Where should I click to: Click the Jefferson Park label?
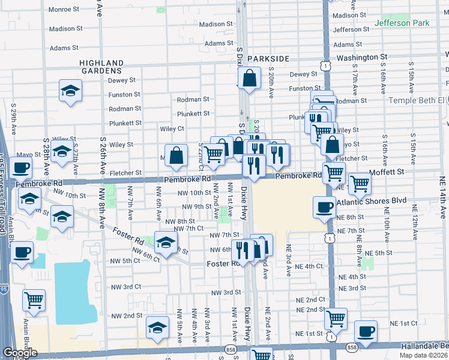pyautogui.click(x=402, y=23)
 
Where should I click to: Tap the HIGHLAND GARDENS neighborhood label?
pyautogui.click(x=101, y=67)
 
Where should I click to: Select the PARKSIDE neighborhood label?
pyautogui.click(x=268, y=58)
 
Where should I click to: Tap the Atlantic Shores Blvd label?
pyautogui.click(x=372, y=200)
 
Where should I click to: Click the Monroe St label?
pyautogui.click(x=64, y=10)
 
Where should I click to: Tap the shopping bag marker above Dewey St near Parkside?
pyautogui.click(x=249, y=78)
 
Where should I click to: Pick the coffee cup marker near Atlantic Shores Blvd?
pyautogui.click(x=325, y=208)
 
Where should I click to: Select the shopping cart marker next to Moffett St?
pyautogui.click(x=360, y=184)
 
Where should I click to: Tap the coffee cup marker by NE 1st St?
pyautogui.click(x=366, y=331)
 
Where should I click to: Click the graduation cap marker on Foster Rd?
pyautogui.click(x=166, y=242)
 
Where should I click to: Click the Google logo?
pyautogui.click(x=19, y=353)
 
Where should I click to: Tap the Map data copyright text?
pyautogui.click(x=424, y=355)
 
